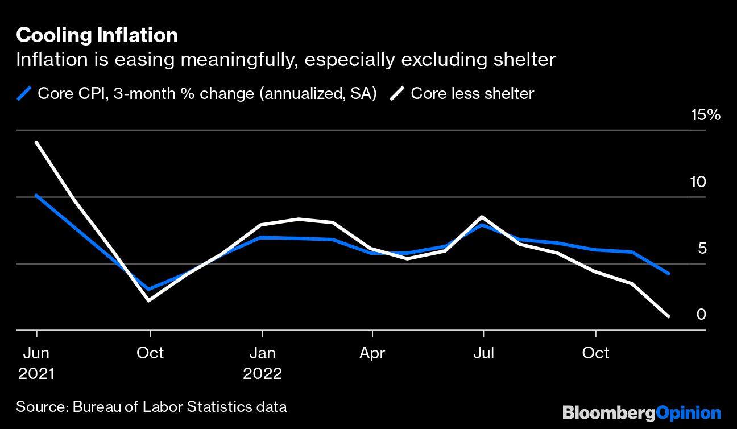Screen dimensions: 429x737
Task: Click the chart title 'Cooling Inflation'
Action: [x=97, y=35]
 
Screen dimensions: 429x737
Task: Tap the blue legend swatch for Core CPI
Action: [x=24, y=93]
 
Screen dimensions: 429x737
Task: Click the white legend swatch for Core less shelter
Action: [x=398, y=93]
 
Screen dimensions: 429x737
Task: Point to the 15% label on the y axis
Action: [x=705, y=115]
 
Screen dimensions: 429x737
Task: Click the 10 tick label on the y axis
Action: [x=698, y=182]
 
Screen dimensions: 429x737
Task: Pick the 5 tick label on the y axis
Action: [x=701, y=248]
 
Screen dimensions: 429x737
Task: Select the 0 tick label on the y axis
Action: [x=701, y=314]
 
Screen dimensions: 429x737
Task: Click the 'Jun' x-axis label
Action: [x=36, y=353]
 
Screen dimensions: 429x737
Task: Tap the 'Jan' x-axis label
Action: [x=262, y=353]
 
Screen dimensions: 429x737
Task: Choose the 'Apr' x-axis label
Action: [x=372, y=353]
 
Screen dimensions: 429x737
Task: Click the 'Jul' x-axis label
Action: [x=483, y=353]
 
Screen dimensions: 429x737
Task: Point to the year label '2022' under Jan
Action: [x=262, y=373]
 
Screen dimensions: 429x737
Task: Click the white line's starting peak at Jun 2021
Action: [x=37, y=142]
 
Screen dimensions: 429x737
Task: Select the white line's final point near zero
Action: [x=668, y=316]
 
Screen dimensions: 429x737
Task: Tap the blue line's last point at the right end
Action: [x=668, y=273]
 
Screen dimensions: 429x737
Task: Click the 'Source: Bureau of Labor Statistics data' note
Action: [x=151, y=407]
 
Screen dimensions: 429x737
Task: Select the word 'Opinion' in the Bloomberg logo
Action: [x=688, y=412]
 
